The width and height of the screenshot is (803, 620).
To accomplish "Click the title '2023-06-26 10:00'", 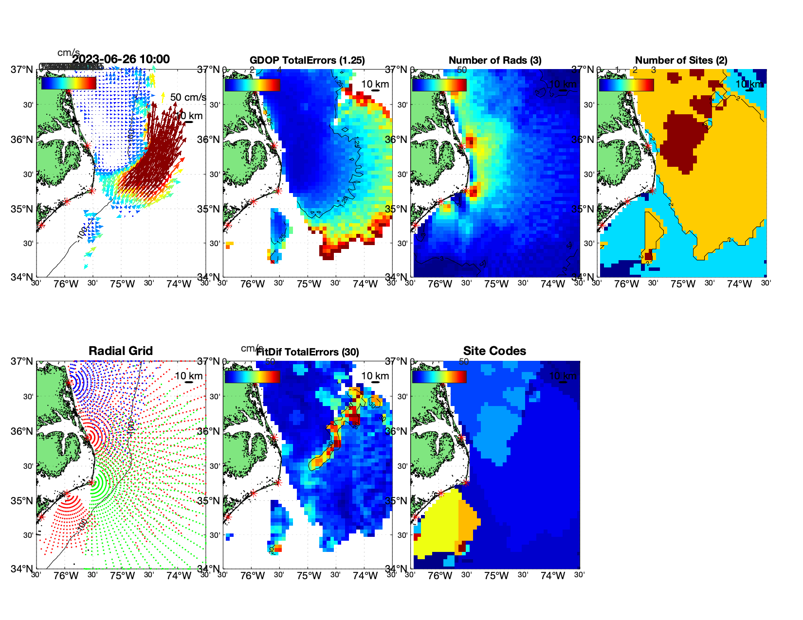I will point(121,59).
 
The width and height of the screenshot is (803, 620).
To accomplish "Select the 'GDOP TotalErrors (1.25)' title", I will point(307,60).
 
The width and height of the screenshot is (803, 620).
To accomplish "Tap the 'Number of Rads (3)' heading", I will point(494,60).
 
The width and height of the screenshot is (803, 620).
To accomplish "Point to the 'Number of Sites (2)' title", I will point(681,60).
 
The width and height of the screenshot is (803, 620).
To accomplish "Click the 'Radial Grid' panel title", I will point(121,351).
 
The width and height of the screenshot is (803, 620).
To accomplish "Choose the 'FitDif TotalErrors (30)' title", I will point(308,352).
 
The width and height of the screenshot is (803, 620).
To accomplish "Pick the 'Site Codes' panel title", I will point(494,351).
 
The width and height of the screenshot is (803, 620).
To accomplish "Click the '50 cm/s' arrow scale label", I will point(188,97).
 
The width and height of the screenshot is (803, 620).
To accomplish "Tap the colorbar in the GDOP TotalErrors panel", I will point(252,85).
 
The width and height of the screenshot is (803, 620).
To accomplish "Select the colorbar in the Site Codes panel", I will point(439,376).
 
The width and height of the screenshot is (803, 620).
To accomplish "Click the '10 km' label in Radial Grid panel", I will point(188,376).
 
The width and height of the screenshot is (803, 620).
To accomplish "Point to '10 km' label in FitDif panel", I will point(375,376).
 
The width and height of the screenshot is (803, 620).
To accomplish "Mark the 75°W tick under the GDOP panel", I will point(309,284).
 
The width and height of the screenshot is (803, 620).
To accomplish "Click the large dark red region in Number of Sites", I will point(681,141).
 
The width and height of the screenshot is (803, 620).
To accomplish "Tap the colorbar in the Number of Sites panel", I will point(626,85).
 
